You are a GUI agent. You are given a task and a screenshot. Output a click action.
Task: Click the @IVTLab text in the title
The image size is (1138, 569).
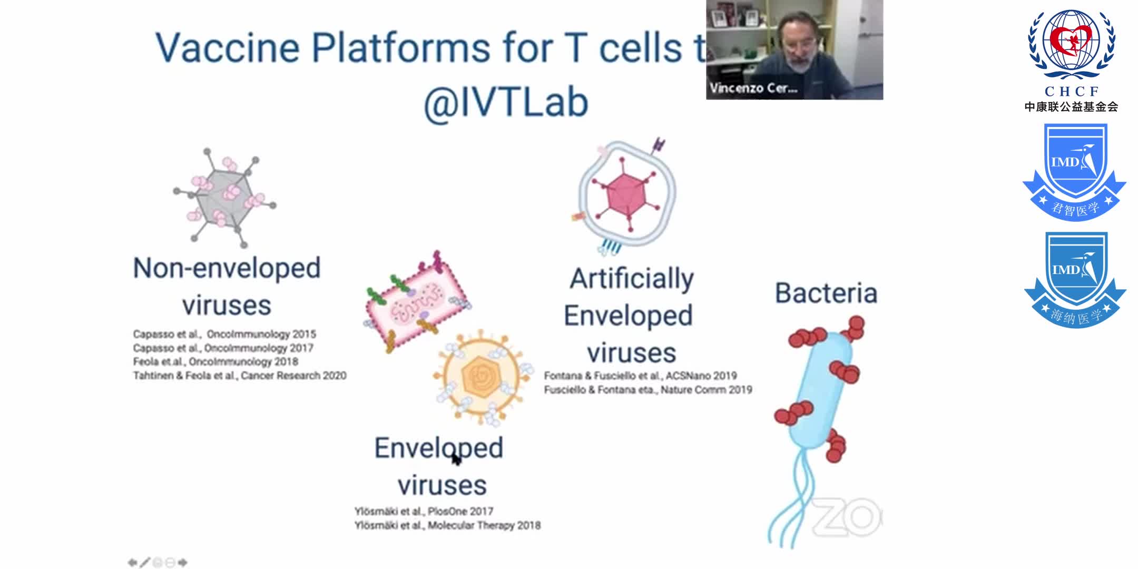(x=506, y=102)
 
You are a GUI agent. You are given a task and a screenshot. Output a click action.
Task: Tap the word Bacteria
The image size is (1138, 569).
(x=826, y=293)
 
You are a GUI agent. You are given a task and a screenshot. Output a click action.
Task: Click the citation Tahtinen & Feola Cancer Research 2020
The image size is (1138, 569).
(x=240, y=376)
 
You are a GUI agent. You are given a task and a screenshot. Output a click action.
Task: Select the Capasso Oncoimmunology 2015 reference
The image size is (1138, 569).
(x=224, y=334)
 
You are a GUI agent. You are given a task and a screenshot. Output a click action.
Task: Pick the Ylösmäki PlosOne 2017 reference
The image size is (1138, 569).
(x=424, y=511)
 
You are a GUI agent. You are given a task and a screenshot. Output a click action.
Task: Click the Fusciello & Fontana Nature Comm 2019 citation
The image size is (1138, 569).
(x=648, y=390)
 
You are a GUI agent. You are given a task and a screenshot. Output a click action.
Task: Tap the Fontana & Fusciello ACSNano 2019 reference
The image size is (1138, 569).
(x=640, y=376)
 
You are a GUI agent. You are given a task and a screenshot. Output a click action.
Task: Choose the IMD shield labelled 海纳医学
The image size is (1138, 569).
(x=1075, y=279)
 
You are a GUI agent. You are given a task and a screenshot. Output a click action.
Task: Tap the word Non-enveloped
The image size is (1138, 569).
(x=227, y=268)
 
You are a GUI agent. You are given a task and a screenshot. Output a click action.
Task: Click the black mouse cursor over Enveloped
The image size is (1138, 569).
(x=456, y=459)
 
